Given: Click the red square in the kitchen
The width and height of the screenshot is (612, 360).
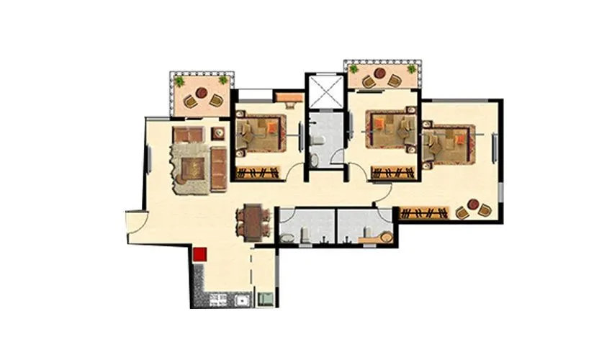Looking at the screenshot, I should click(x=200, y=253).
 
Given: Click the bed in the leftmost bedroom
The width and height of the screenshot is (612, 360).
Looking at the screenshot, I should click(x=260, y=133).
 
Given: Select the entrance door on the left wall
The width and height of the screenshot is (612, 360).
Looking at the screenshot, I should click(x=135, y=222).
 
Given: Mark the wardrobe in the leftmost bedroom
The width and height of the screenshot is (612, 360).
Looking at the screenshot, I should click(x=257, y=172).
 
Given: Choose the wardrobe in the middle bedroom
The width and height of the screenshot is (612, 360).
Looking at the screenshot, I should click(x=393, y=172).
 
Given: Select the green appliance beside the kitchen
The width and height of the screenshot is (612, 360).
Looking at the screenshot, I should click(x=265, y=297).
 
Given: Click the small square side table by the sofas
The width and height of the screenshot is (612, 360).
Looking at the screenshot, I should click(x=218, y=133).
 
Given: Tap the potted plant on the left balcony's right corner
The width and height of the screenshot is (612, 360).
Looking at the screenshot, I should click(x=223, y=80).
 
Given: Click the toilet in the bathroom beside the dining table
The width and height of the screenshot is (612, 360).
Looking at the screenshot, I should click(x=303, y=232).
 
